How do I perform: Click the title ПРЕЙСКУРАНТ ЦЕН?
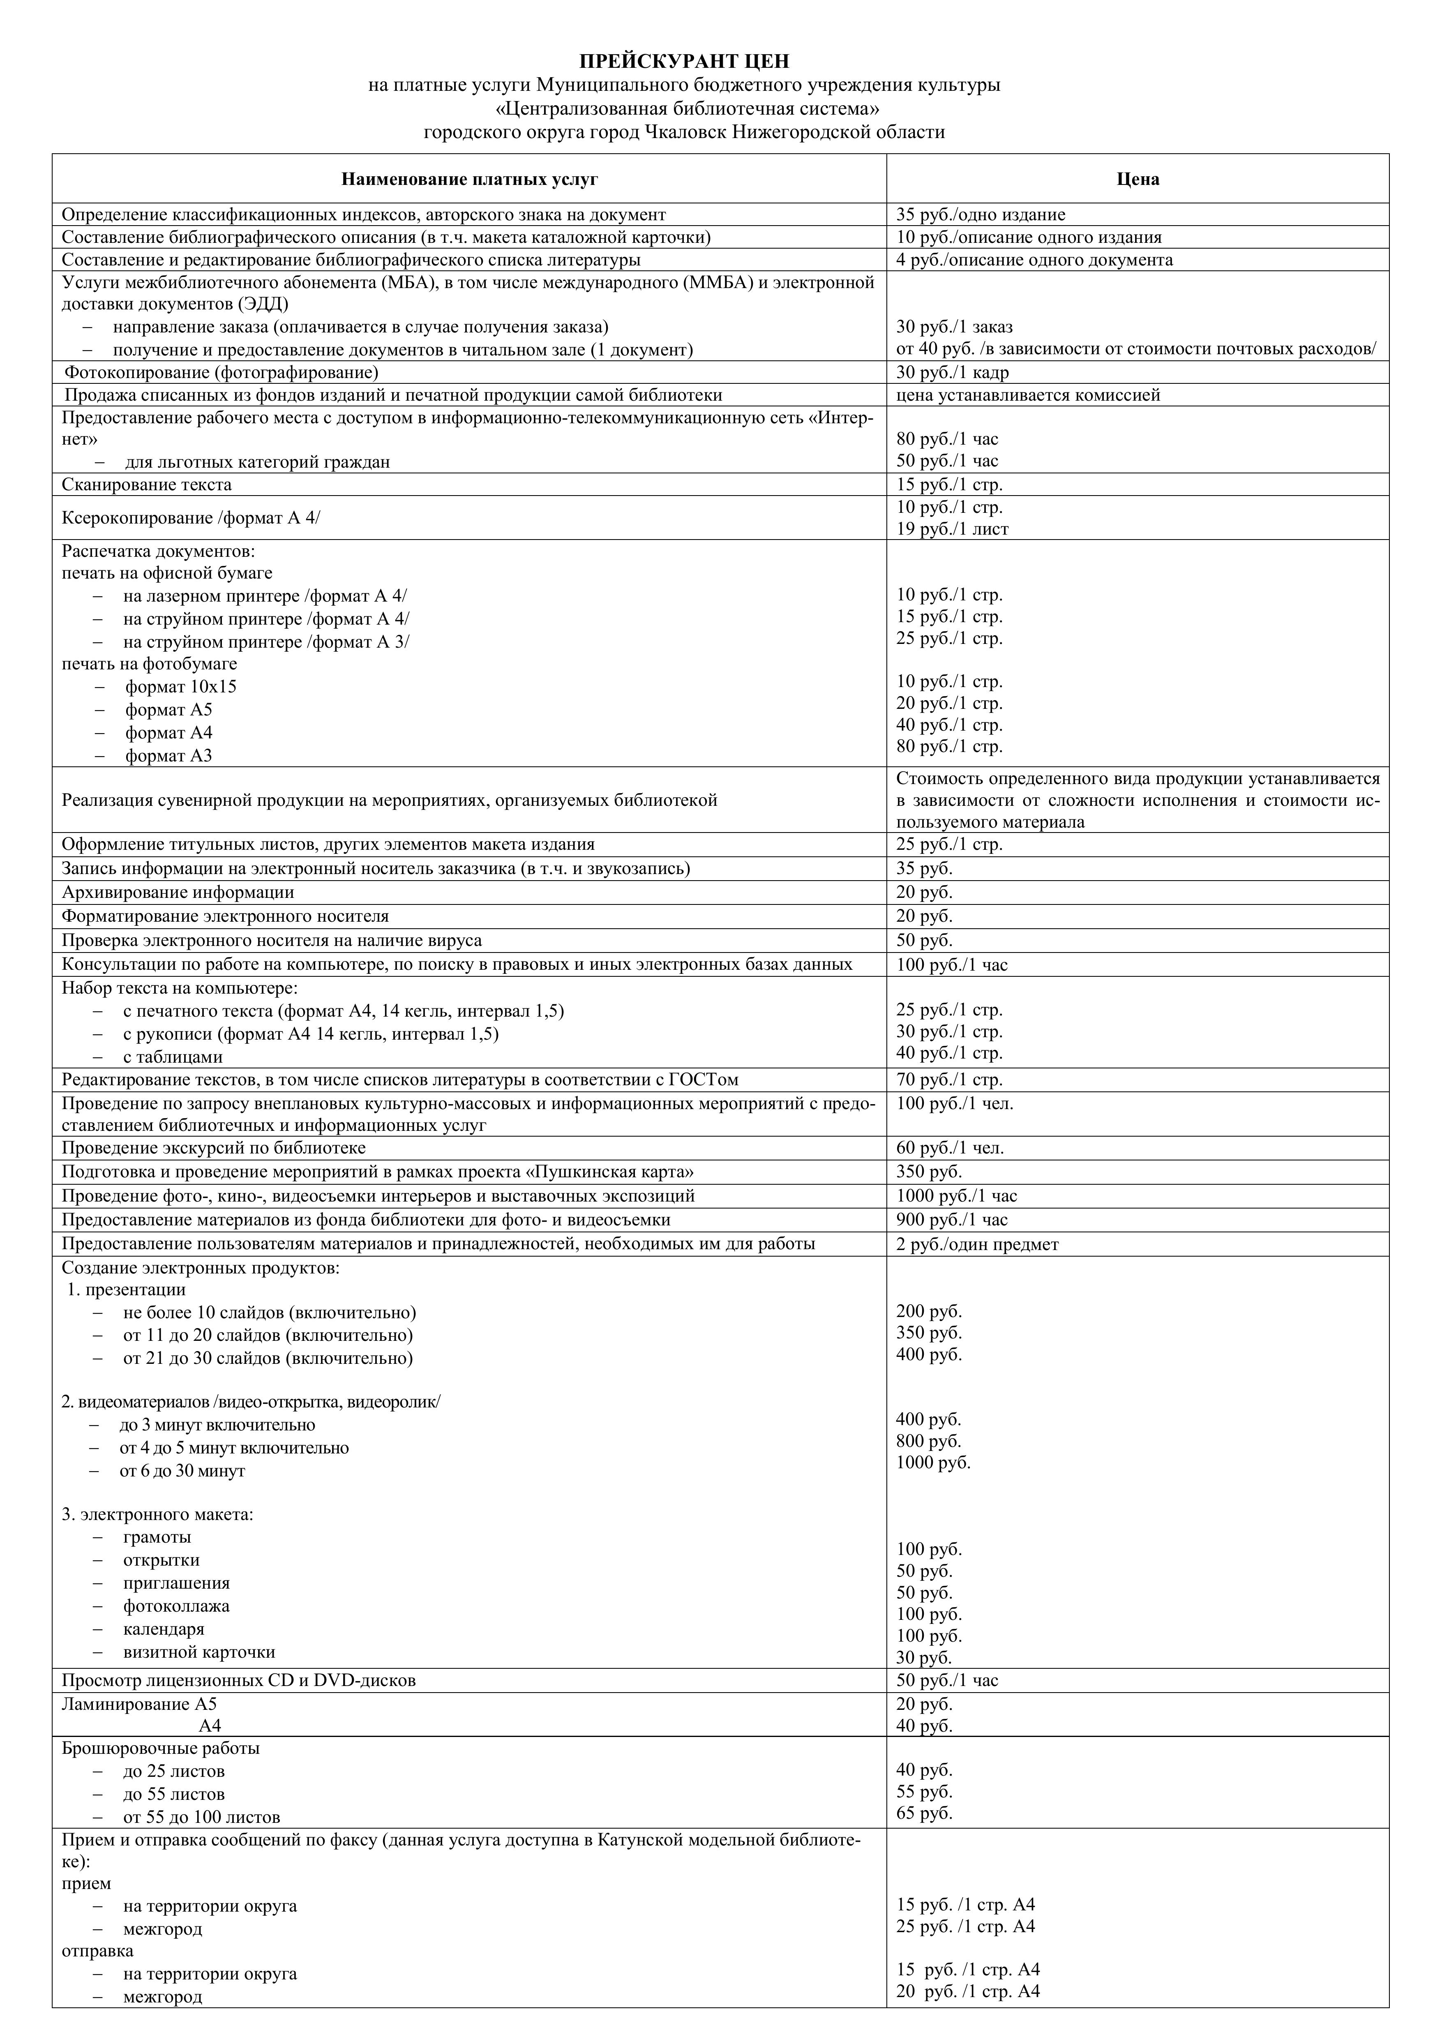(684, 61)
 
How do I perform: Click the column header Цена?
(1137, 180)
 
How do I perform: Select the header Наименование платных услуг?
(470, 180)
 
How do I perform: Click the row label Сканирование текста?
(147, 485)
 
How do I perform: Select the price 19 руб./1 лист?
(952, 529)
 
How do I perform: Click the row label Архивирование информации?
(178, 893)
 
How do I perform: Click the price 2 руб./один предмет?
(977, 1244)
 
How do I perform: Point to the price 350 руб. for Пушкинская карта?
(929, 1172)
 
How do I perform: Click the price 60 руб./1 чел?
(950, 1148)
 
